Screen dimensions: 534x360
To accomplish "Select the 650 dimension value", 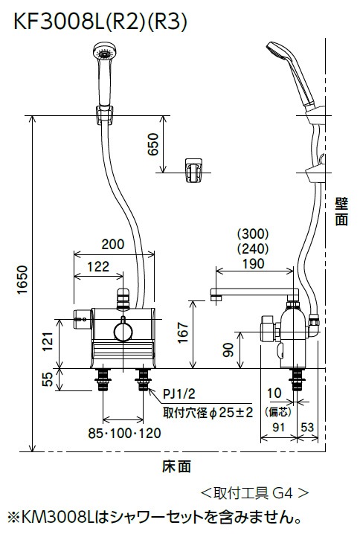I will pos(154,144).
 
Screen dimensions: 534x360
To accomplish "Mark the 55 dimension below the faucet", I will pos(46,380).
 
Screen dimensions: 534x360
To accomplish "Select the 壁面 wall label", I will pos(341,211).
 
